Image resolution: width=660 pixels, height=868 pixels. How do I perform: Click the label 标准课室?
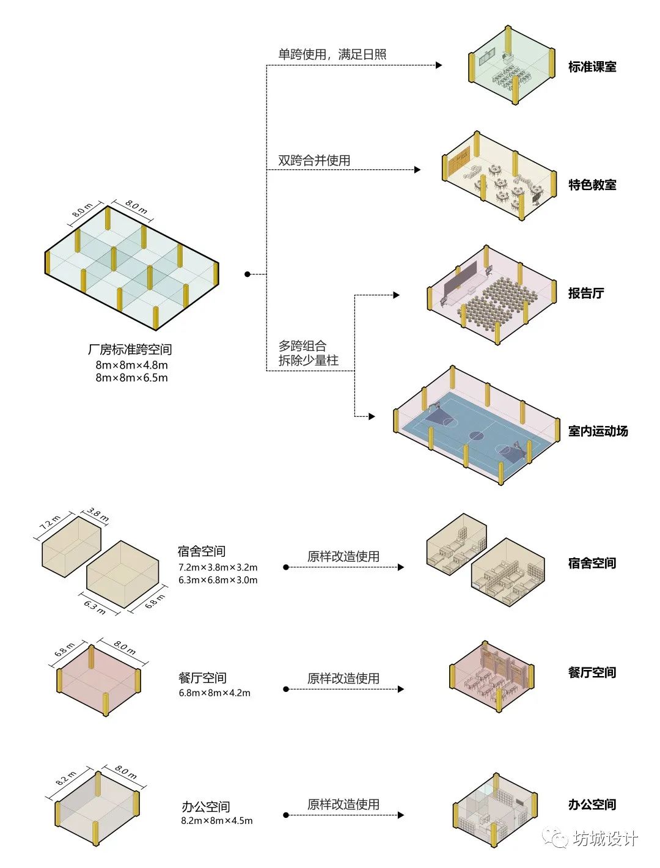tap(592, 67)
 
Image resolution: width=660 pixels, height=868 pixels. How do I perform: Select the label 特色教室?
tap(592, 185)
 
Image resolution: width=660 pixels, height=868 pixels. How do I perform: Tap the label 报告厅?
tap(585, 293)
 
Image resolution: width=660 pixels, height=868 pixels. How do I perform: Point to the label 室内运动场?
tap(598, 431)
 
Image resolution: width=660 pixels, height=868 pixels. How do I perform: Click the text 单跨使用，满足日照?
tap(332, 54)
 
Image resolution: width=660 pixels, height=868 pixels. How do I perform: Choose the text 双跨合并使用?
tap(314, 161)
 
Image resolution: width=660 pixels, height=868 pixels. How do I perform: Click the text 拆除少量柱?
tap(308, 361)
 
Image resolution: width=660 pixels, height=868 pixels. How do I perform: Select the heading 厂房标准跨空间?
tap(130, 350)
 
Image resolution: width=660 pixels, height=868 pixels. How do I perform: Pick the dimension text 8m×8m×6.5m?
tap(131, 378)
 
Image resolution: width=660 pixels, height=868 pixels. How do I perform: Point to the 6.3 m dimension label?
tap(95, 606)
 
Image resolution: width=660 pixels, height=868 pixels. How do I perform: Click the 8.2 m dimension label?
tap(66, 778)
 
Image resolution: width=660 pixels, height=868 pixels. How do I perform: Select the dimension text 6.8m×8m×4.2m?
tap(215, 693)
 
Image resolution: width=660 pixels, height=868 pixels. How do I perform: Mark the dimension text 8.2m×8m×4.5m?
tap(216, 821)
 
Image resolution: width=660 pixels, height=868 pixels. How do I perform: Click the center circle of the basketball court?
tap(476, 436)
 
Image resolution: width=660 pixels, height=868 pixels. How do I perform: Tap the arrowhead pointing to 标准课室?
tap(439, 65)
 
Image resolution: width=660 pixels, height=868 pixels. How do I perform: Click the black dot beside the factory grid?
tap(248, 274)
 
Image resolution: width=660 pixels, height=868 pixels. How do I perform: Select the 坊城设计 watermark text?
tap(605, 839)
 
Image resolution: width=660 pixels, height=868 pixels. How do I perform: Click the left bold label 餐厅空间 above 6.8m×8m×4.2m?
tap(202, 678)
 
